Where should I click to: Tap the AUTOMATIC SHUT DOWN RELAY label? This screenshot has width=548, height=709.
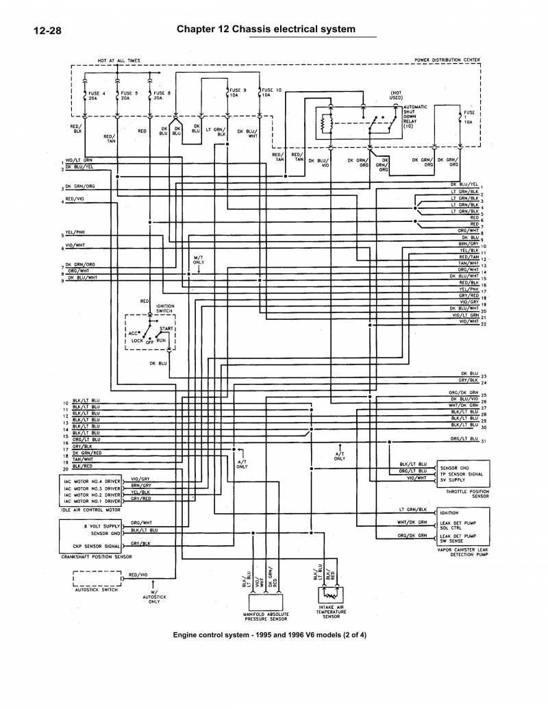click(416, 117)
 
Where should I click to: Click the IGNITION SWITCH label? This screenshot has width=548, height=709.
click(165, 308)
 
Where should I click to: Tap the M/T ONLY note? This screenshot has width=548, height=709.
click(199, 260)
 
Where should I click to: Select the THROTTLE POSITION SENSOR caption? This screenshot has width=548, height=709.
click(467, 494)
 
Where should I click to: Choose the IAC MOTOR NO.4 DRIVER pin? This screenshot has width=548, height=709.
click(92, 482)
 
